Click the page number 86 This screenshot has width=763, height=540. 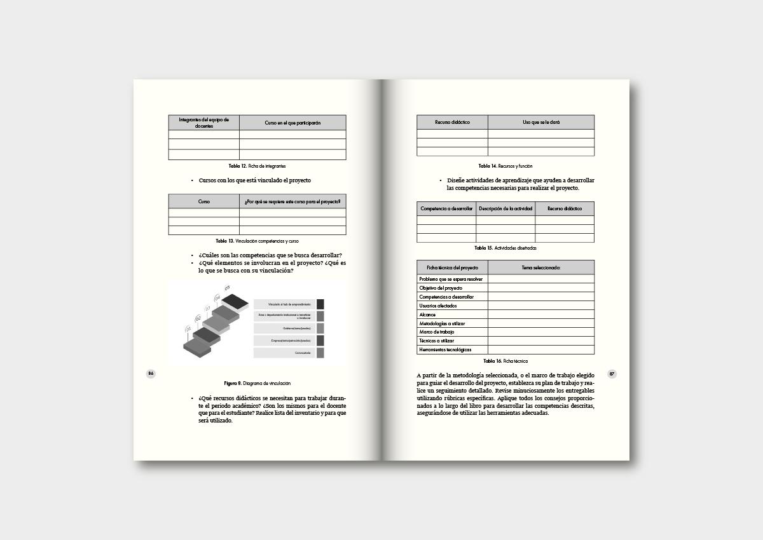coord(151,374)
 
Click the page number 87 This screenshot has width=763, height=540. coord(612,374)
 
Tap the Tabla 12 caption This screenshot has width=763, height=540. coord(257,166)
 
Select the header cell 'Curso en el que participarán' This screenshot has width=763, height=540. coord(292,123)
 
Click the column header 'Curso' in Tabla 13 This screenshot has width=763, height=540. coord(203,201)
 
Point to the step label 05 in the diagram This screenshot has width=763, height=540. coord(227,288)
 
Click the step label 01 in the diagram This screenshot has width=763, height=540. coord(188,328)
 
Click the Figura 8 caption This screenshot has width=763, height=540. coord(257,384)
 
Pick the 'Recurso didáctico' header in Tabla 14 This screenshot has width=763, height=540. coord(452,122)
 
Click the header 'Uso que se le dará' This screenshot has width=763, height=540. coord(541,122)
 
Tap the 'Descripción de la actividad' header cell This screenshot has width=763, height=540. coord(505,208)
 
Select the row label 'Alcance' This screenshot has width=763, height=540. coord(427,314)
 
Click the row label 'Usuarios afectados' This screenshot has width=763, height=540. coord(438,306)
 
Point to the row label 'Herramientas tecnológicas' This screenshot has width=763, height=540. coord(445,350)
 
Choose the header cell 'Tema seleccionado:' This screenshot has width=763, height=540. coord(541,267)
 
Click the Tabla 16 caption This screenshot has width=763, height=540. coord(505,361)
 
